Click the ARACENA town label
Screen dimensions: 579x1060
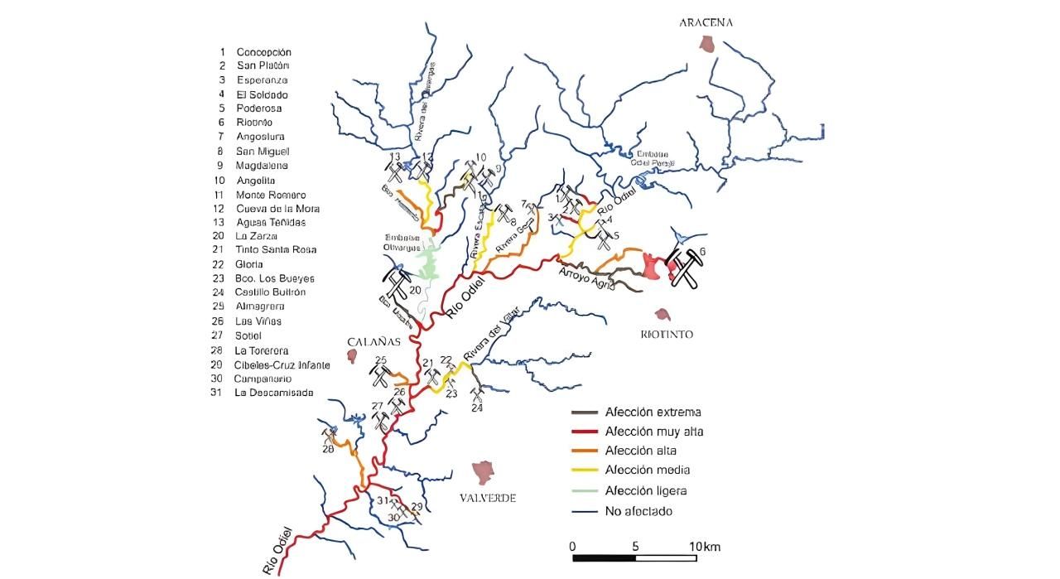click(x=706, y=23)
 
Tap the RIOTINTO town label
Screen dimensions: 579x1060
click(x=666, y=335)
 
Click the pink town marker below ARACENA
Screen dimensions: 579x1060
click(x=706, y=44)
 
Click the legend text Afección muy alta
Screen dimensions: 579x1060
click(x=654, y=432)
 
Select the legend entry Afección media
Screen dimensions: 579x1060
click(x=648, y=470)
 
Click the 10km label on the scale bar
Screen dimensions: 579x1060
click(x=705, y=547)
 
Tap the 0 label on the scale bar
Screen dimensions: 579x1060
click(x=572, y=547)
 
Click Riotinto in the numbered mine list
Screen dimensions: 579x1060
click(x=254, y=122)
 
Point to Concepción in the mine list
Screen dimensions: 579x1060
click(x=263, y=51)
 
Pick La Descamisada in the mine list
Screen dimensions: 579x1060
click(x=274, y=393)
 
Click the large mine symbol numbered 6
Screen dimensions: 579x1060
click(x=684, y=268)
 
